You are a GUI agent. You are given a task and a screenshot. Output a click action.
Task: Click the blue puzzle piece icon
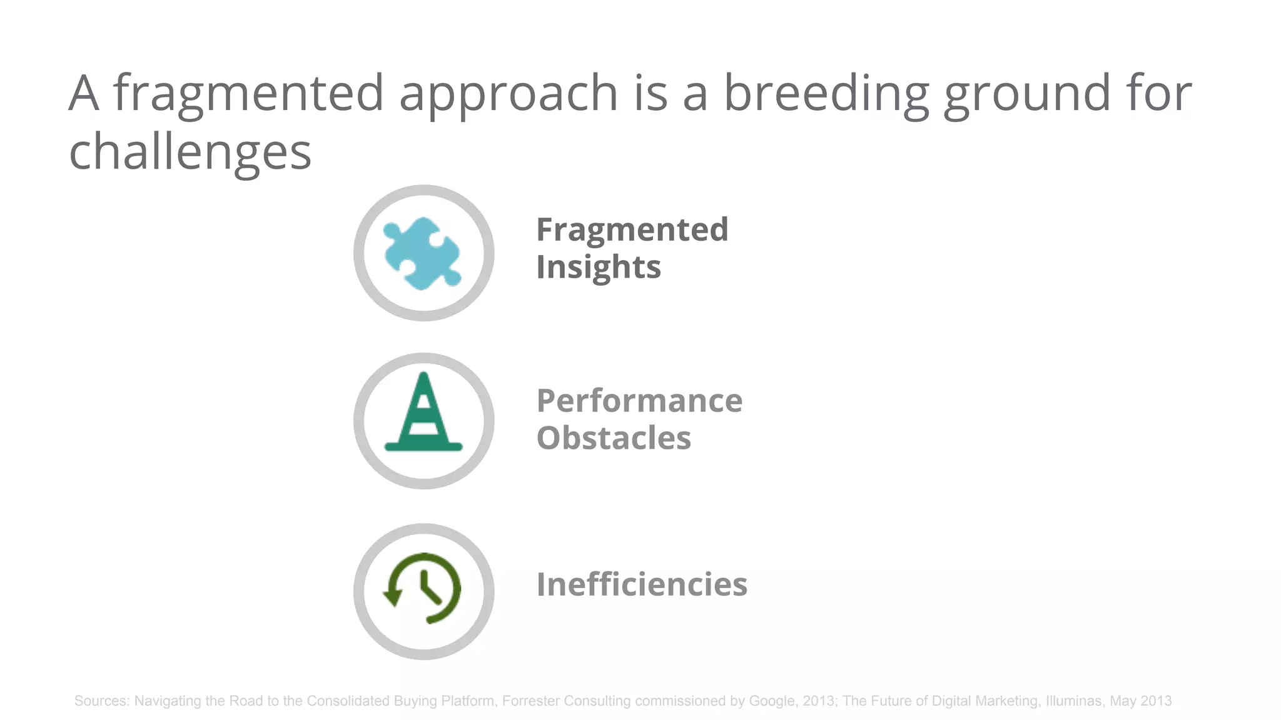pos(423,253)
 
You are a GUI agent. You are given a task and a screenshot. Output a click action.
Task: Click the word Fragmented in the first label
pos(632,229)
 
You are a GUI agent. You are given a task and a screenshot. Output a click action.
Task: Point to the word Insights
pos(598,267)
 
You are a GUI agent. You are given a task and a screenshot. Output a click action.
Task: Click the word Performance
pos(639,401)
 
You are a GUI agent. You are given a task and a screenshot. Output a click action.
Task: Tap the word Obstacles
pos(614,437)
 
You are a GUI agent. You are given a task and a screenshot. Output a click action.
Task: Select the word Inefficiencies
pos(642,584)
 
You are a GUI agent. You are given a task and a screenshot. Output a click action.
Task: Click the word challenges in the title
pos(190,152)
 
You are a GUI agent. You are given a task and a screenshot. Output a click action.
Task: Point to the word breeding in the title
pos(826,93)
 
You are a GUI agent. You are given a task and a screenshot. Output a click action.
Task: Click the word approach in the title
pos(509,93)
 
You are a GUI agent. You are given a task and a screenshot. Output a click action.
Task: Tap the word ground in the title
pos(1026,93)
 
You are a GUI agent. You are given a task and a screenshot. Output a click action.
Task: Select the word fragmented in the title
pos(248,93)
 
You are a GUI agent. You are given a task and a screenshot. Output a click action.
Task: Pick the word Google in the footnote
pos(773,701)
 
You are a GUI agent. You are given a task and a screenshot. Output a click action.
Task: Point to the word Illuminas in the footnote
pos(1073,701)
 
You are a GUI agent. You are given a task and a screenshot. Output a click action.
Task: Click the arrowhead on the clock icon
pos(393,599)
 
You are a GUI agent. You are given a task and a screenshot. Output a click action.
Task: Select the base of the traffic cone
pos(423,446)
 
